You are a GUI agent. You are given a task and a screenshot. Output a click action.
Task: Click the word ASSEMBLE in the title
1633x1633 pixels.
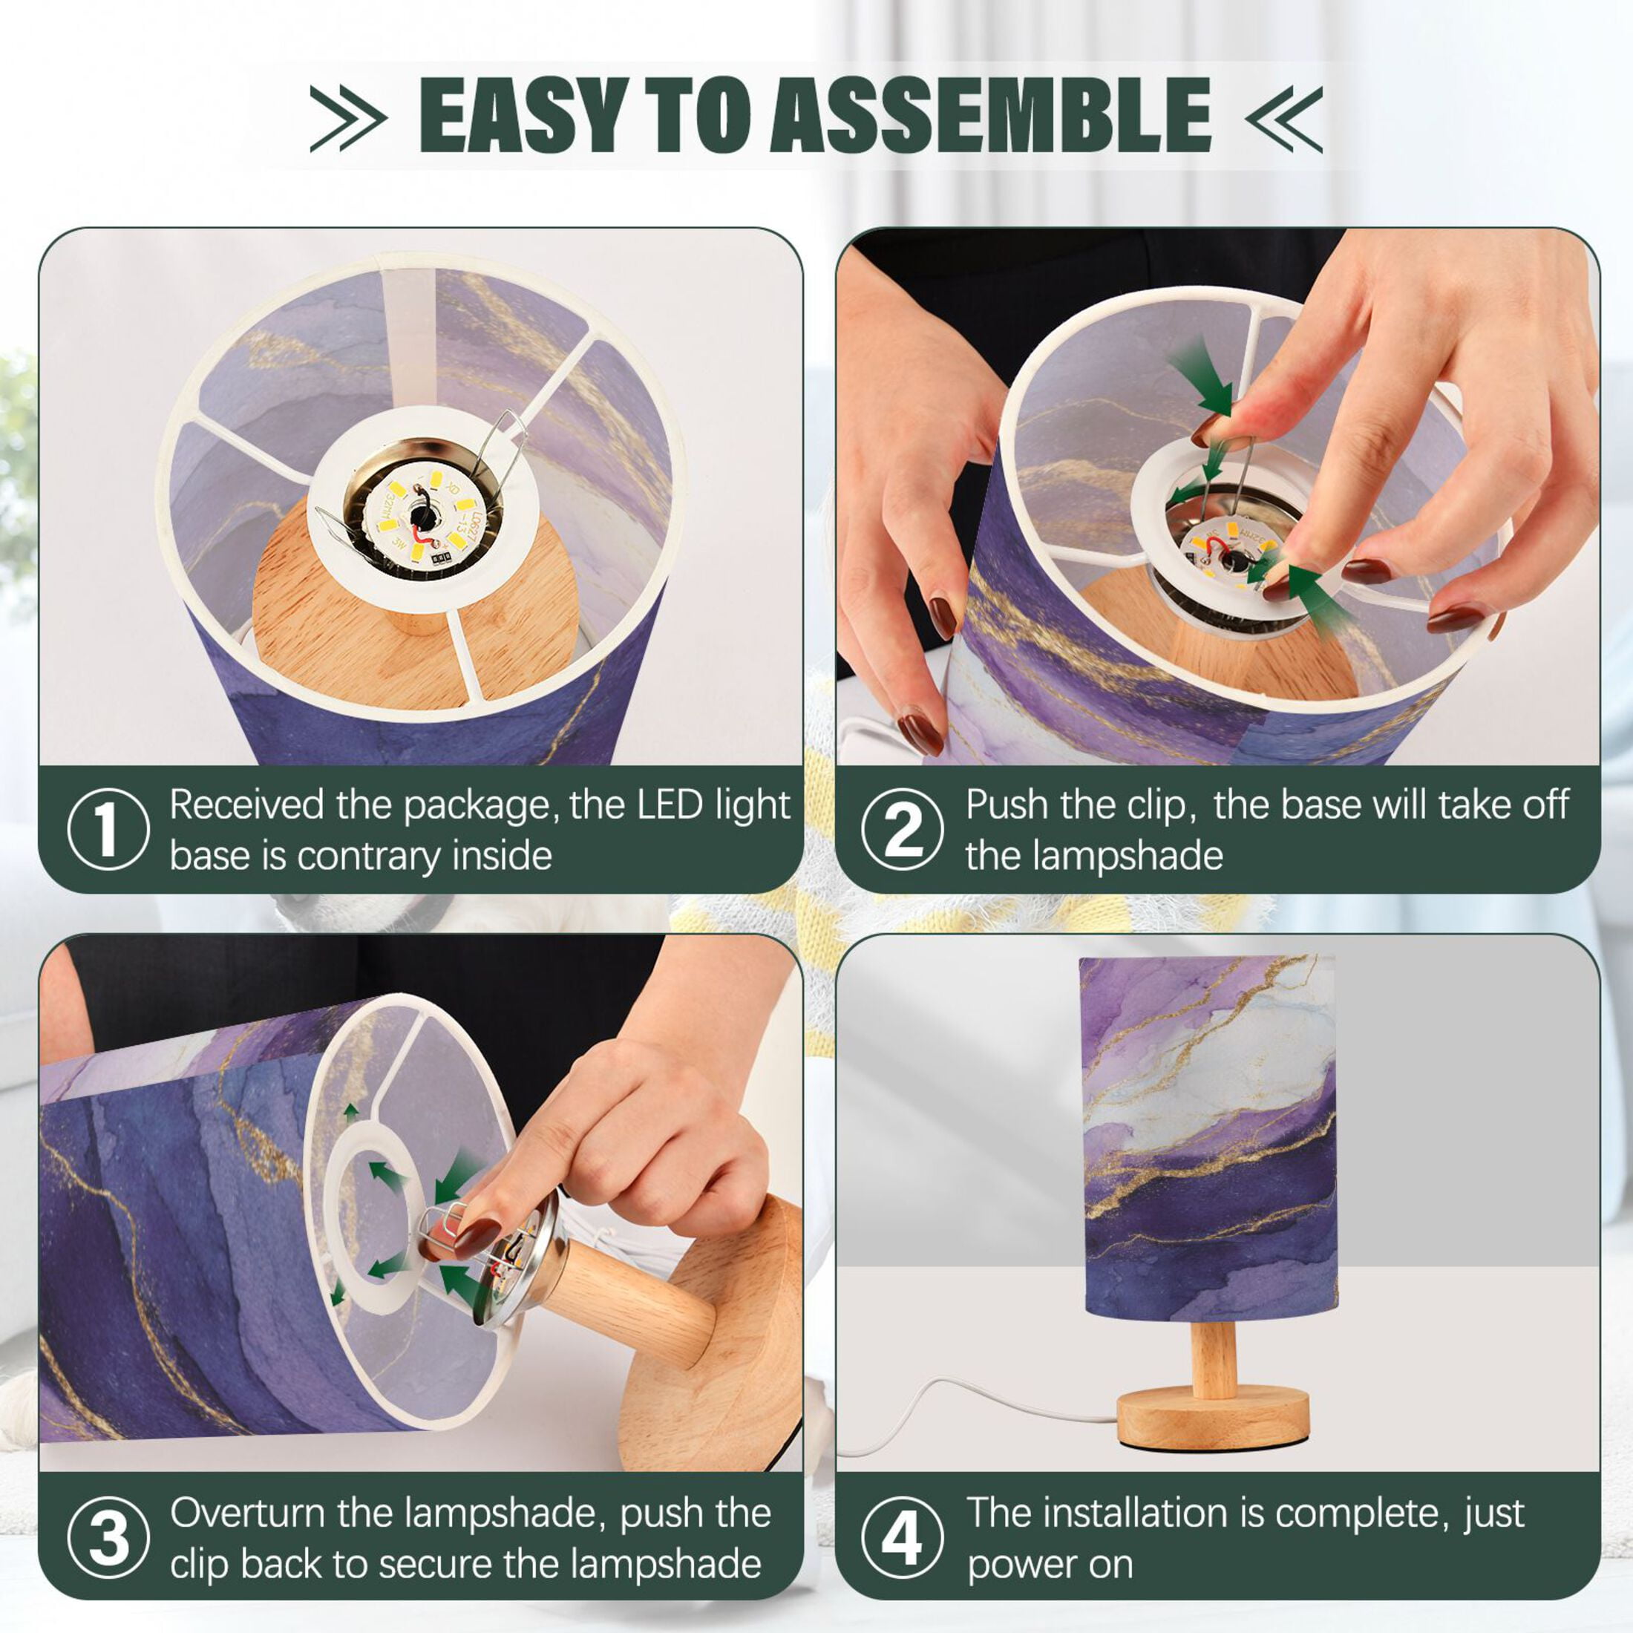click(991, 115)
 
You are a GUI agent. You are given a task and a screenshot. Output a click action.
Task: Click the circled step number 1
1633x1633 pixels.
click(108, 829)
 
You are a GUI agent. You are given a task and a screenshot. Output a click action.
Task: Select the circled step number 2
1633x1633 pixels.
click(903, 829)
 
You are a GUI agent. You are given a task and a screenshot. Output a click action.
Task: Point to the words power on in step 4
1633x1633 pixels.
click(1050, 1566)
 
